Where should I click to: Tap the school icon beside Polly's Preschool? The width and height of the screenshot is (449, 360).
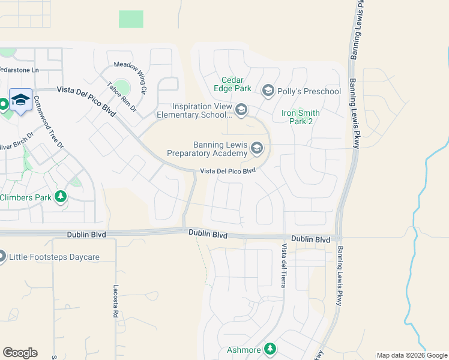coord(268,91)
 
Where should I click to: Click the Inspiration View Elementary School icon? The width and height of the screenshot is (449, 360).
coord(241,109)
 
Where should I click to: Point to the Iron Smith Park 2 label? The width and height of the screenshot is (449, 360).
coord(300,117)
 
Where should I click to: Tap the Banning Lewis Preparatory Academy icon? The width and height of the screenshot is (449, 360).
coord(257,148)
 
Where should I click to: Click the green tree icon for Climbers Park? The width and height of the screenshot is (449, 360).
coord(60,197)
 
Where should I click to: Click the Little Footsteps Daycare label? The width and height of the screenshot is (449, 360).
coord(54,257)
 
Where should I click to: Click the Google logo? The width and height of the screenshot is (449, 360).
coord(20,353)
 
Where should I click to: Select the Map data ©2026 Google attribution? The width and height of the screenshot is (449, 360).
coord(412,355)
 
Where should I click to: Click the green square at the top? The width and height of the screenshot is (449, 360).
coord(131,19)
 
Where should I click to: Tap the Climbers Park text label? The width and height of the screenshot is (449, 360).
coord(25,197)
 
